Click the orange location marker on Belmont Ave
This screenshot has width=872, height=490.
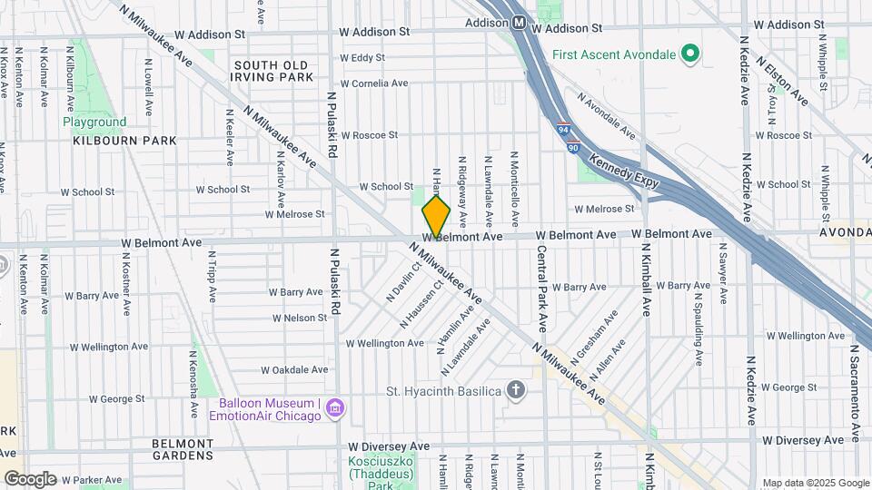click(x=436, y=218)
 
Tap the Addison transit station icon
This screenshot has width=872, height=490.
click(x=520, y=23)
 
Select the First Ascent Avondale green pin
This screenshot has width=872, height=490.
click(x=690, y=55)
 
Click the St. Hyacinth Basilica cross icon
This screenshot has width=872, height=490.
click(x=516, y=391)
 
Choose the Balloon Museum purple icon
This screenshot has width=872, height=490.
click(x=335, y=409)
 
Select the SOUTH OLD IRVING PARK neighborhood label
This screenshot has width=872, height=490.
click(x=273, y=71)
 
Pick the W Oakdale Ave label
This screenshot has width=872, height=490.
click(x=294, y=370)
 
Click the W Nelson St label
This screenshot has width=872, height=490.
click(x=300, y=318)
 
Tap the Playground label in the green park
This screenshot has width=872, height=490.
click(x=94, y=122)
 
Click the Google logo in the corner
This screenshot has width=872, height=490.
click(x=30, y=478)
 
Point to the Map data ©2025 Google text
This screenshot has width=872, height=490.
click(x=815, y=483)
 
